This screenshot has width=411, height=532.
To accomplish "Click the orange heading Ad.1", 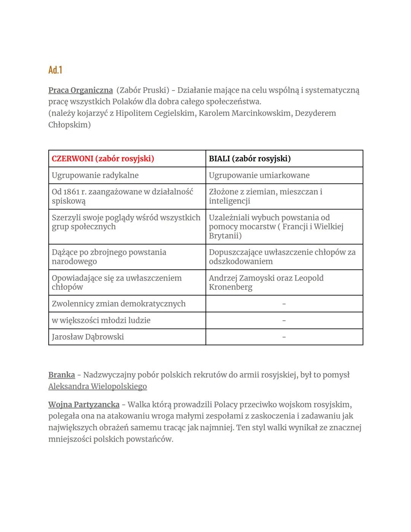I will (55, 70).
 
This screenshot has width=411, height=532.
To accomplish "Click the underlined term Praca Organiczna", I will (80, 90).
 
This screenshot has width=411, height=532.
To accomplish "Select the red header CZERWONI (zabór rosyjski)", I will (103, 159).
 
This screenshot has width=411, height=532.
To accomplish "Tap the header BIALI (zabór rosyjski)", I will (250, 159).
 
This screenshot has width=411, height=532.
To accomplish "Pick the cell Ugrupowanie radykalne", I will (95, 176).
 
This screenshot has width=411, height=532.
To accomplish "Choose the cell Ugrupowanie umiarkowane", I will (259, 176).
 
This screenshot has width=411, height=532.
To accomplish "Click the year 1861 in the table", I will (71, 192).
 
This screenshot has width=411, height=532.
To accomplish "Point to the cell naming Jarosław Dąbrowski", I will (88, 337).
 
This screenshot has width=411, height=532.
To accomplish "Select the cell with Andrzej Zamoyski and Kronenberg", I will (266, 283).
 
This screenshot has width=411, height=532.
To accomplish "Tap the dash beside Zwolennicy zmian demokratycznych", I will (284, 304).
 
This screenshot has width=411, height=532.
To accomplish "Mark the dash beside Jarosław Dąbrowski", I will (284, 337).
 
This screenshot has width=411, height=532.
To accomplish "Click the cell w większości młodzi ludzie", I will (101, 321).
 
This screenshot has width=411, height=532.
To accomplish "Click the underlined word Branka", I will (61, 375).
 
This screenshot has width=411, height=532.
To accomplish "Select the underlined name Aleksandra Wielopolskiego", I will (97, 387).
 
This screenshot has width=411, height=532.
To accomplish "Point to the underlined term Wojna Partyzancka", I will (84, 405).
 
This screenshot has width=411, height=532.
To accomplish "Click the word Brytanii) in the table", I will (225, 236).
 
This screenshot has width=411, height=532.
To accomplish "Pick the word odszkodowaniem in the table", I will (241, 262).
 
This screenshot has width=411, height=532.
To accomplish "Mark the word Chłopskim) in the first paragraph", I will (69, 125).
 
